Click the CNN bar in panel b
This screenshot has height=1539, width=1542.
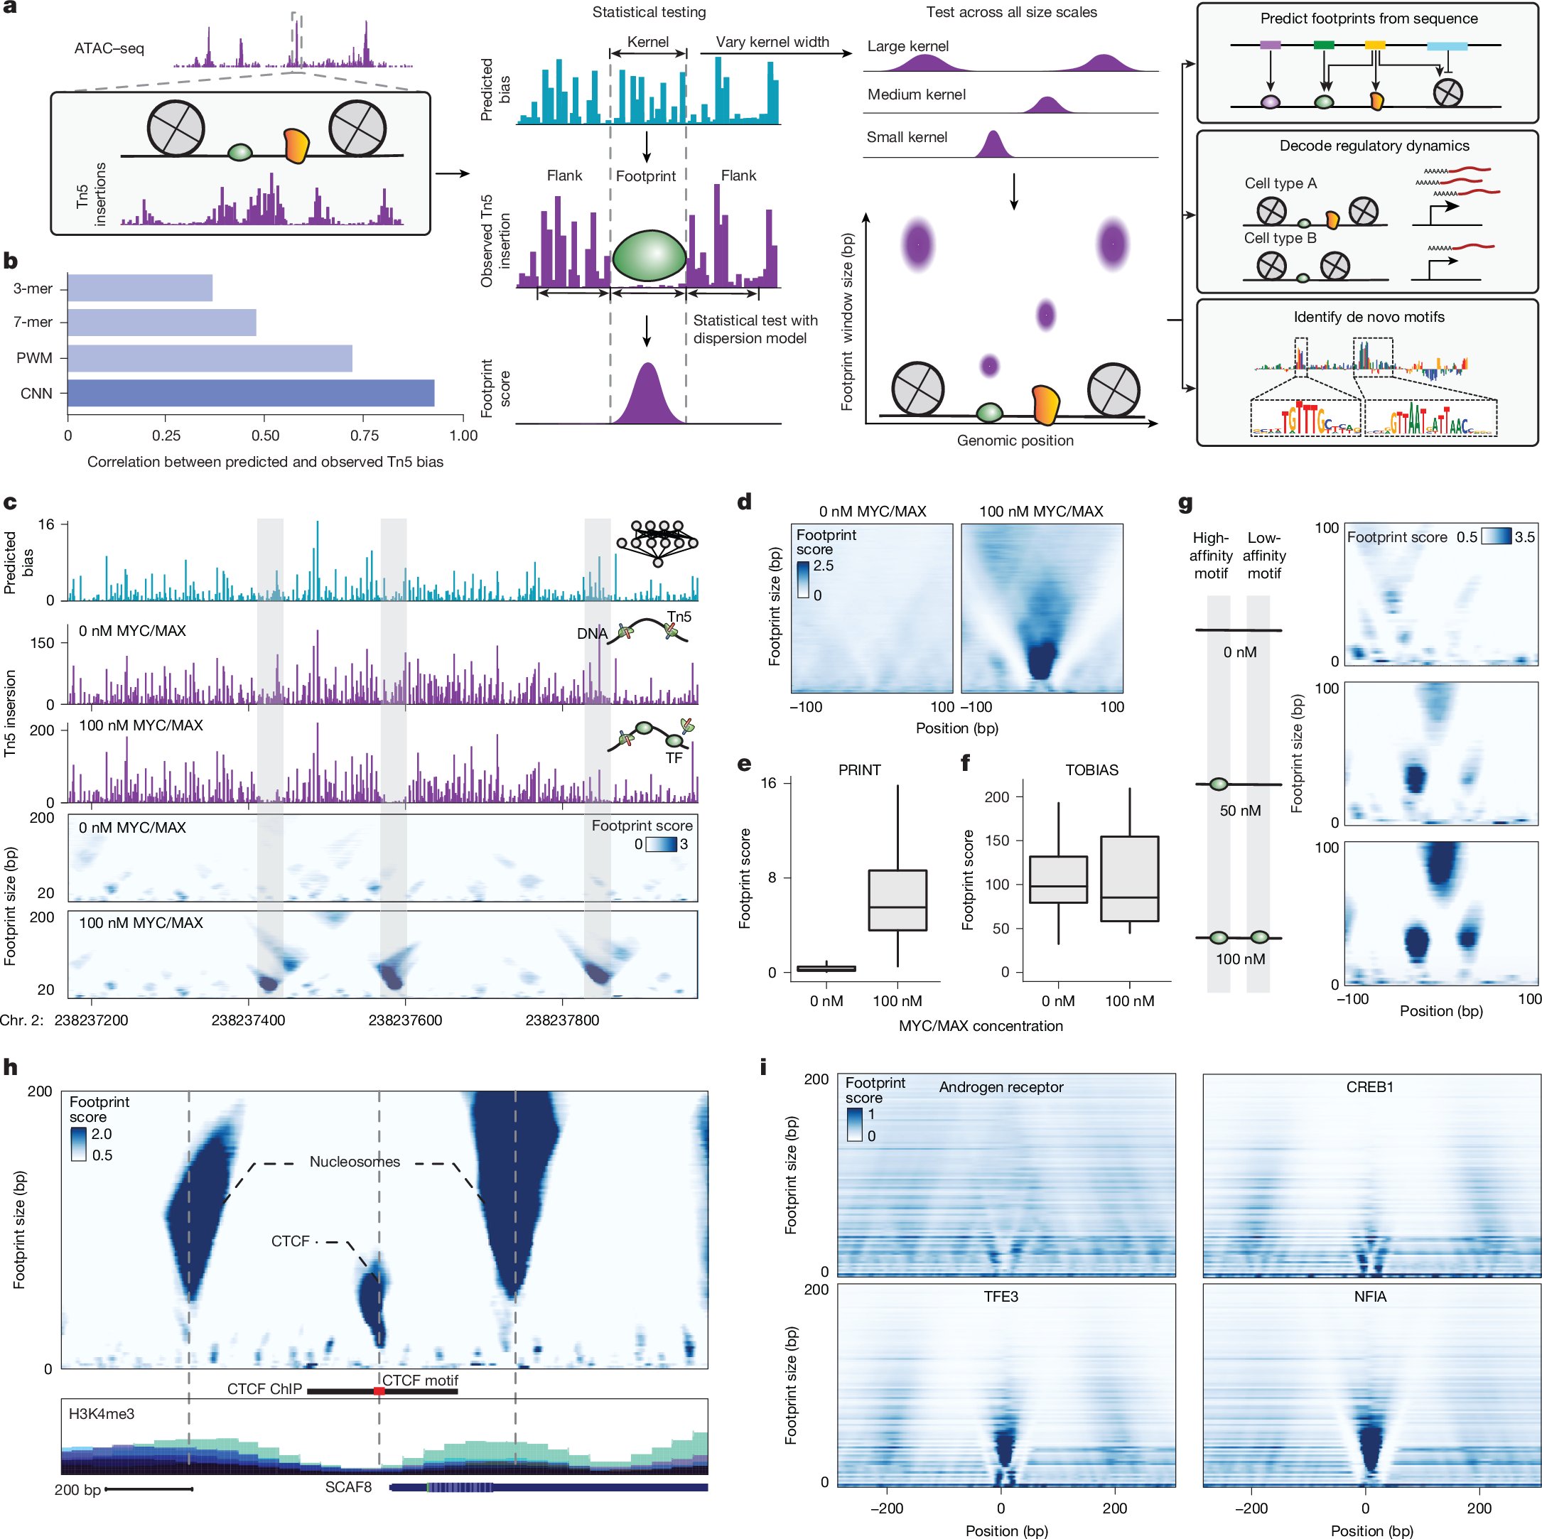[x=251, y=394]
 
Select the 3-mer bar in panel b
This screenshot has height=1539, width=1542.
[x=140, y=288]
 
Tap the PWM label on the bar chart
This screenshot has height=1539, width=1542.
[x=34, y=358]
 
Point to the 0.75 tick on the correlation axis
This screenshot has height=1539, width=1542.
[x=364, y=436]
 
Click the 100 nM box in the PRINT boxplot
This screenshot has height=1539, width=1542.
[x=897, y=900]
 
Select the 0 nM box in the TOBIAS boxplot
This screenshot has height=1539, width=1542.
[x=1058, y=880]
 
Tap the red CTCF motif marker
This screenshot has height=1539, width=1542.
[x=379, y=1391]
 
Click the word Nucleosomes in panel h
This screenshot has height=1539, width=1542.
[x=355, y=1162]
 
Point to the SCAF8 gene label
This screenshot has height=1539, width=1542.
[x=348, y=1487]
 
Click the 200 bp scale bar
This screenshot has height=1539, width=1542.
[x=149, y=1489]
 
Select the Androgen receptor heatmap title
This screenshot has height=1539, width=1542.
[x=1001, y=1087]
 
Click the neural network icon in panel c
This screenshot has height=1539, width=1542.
[x=657, y=542]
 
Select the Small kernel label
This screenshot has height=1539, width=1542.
[x=907, y=137]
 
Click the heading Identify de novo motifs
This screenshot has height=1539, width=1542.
[x=1368, y=317]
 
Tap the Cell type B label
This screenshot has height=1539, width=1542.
[x=1279, y=238]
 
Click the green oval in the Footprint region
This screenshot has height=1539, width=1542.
[x=649, y=256]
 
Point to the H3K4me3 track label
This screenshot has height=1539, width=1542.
[x=102, y=1414]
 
